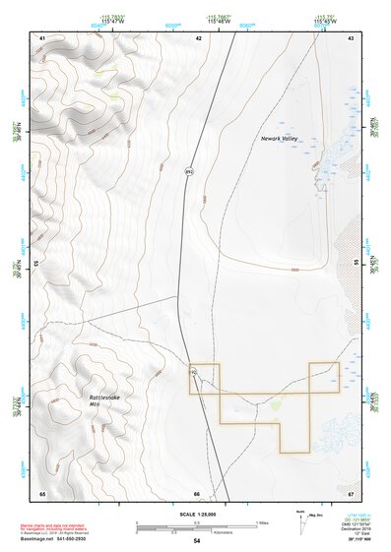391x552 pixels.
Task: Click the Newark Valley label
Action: (x=285, y=140)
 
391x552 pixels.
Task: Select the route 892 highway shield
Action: (x=188, y=172)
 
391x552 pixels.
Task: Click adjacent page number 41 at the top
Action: (x=42, y=37)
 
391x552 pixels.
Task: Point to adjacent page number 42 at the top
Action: (x=198, y=37)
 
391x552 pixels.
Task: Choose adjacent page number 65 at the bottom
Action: (x=42, y=493)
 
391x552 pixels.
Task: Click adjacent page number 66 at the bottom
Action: (x=197, y=493)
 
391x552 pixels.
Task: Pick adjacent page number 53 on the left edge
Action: (x=38, y=265)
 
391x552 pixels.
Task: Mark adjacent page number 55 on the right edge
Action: (x=356, y=265)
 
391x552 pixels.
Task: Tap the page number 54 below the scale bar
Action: (x=197, y=541)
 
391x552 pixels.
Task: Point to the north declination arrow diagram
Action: (x=301, y=519)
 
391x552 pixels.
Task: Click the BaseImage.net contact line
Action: (x=62, y=540)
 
